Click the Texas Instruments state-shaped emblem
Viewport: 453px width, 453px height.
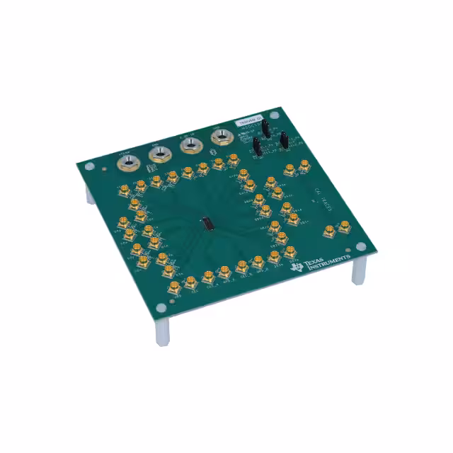tap(295, 266)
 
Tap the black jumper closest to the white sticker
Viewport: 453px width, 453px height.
tap(265, 130)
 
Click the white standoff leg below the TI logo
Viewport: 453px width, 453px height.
tap(359, 271)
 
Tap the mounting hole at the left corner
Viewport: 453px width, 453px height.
tap(88, 167)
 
